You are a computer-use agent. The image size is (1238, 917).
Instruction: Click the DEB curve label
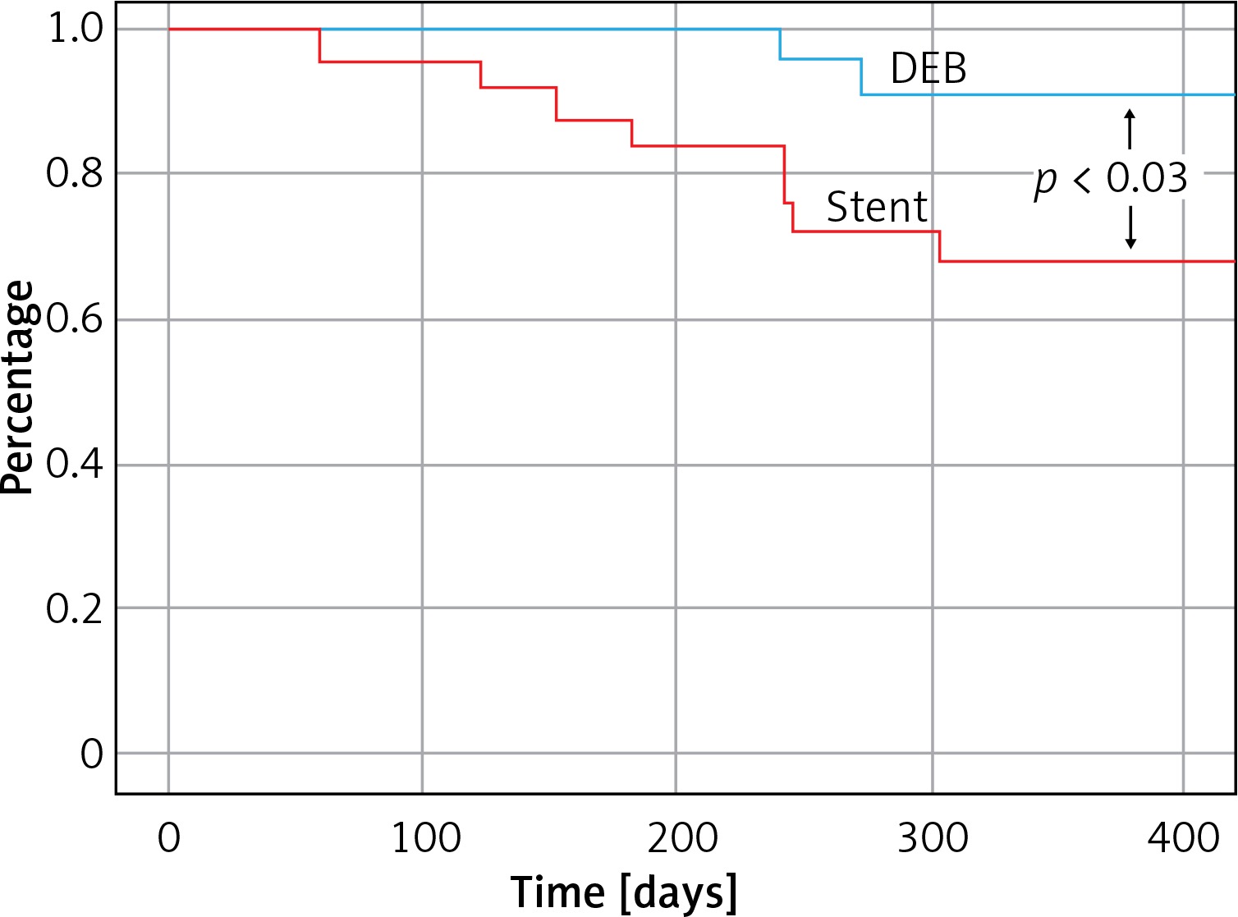coord(928,69)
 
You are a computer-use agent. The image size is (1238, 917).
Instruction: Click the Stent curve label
coord(877,207)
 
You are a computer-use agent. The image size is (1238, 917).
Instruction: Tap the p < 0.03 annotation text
coord(1110,179)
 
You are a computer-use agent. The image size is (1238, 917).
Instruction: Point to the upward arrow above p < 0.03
coord(1130,129)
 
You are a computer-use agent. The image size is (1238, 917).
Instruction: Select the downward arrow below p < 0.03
coord(1130,227)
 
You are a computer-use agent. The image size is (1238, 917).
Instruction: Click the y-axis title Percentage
coord(18,387)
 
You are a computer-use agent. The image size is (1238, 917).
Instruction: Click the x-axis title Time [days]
coord(623,892)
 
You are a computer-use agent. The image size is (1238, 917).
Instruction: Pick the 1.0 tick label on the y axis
coord(75,29)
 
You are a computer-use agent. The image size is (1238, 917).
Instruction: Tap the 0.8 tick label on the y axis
coord(75,173)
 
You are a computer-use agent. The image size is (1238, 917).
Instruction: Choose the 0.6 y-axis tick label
coord(75,319)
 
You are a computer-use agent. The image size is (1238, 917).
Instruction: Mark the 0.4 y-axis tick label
coord(75,464)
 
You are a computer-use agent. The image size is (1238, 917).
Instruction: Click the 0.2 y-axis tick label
coord(75,608)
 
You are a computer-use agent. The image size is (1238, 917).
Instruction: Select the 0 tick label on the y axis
coord(91,754)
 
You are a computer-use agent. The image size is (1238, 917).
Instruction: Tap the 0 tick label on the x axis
coord(168,838)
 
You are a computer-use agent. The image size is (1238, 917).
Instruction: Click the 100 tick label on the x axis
coord(425,838)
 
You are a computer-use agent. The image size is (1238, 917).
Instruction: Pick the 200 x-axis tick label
coord(681,838)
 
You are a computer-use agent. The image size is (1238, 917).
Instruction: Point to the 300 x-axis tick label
coord(933,838)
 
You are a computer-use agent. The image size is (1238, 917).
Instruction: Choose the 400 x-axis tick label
coord(1183,838)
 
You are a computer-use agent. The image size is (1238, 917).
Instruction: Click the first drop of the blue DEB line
coord(780,44)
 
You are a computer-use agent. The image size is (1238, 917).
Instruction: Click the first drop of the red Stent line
coord(319,46)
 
